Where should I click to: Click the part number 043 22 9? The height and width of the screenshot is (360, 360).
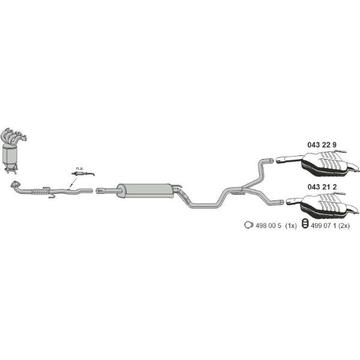click(x=322, y=145)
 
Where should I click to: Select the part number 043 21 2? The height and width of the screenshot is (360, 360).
click(x=322, y=187)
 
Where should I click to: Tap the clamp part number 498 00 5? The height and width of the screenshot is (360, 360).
click(x=268, y=226)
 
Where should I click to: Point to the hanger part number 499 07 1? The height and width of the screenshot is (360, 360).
click(x=323, y=226)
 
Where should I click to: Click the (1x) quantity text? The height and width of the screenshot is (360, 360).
click(x=291, y=226)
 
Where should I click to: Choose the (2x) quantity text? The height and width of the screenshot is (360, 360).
click(x=344, y=226)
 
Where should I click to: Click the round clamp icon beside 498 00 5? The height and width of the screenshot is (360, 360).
click(x=248, y=225)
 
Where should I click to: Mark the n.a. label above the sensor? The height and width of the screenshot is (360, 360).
click(x=80, y=168)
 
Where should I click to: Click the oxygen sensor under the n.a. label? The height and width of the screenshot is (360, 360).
click(x=83, y=173)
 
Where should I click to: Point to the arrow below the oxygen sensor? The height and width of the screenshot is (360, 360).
click(x=73, y=183)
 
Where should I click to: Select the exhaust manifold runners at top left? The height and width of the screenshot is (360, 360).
click(x=14, y=136)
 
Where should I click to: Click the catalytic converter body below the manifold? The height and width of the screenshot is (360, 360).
click(x=10, y=155)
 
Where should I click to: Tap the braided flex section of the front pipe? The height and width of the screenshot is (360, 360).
click(x=41, y=191)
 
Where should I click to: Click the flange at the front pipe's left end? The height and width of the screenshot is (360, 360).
click(x=16, y=184)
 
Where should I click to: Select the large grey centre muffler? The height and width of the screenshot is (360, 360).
click(x=146, y=190)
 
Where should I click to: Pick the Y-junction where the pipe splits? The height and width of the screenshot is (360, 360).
click(x=242, y=189)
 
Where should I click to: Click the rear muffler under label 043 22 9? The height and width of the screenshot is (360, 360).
click(x=328, y=164)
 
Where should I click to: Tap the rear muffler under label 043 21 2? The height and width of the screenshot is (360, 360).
click(x=328, y=205)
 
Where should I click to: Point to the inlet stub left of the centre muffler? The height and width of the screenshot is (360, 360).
click(x=107, y=190)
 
